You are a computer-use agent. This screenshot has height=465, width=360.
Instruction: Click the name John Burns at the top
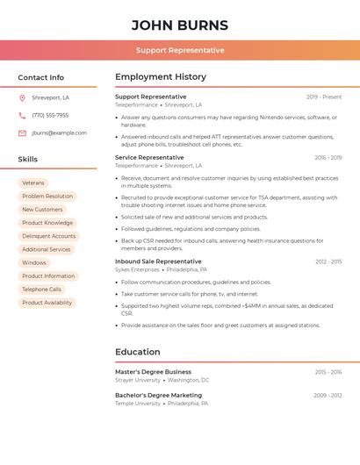click(x=180, y=25)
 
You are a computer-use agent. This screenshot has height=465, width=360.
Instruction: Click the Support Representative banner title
click(x=180, y=50)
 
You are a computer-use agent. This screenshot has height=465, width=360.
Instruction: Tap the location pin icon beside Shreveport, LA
click(x=22, y=97)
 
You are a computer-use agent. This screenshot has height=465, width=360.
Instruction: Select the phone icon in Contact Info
click(x=22, y=115)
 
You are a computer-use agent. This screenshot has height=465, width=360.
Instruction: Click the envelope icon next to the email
click(x=22, y=133)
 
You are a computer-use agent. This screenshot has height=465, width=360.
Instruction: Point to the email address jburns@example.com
click(x=60, y=133)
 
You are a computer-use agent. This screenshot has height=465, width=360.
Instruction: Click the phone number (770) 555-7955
click(x=50, y=115)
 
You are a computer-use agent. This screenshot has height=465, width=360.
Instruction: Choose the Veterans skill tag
click(x=33, y=182)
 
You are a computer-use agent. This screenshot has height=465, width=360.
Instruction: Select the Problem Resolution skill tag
click(x=47, y=197)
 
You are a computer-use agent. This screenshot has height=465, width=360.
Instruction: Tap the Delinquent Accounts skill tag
click(x=49, y=236)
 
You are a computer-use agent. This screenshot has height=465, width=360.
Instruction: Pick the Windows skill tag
click(x=34, y=262)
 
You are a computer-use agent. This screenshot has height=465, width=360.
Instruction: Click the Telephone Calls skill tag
click(x=41, y=290)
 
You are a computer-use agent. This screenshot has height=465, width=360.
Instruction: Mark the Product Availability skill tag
click(x=47, y=303)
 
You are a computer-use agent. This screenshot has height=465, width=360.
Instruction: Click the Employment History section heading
click(x=161, y=77)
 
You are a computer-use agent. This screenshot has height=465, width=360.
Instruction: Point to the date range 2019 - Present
click(x=324, y=97)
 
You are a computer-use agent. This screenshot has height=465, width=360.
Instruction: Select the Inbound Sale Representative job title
click(x=158, y=261)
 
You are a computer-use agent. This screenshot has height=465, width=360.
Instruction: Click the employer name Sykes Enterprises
click(x=137, y=270)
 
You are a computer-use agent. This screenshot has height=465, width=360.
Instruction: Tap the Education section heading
click(x=138, y=352)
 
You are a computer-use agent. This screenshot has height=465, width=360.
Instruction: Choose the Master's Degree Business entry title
click(x=153, y=372)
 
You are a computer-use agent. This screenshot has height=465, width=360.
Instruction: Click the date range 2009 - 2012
click(x=328, y=396)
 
